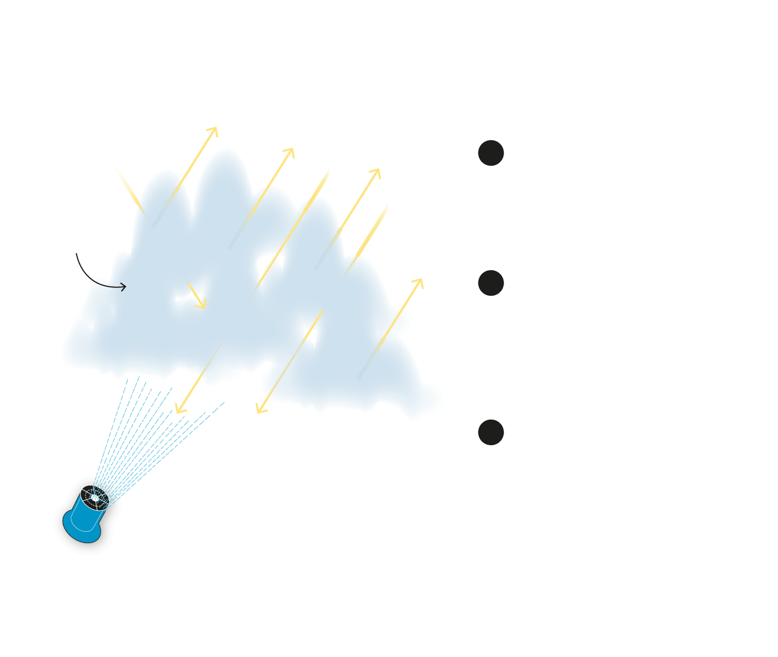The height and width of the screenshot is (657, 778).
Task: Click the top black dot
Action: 491,153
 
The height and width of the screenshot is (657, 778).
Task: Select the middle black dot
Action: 491,283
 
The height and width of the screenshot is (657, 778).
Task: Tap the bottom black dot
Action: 491,432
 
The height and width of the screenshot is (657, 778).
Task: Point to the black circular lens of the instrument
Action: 95,497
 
